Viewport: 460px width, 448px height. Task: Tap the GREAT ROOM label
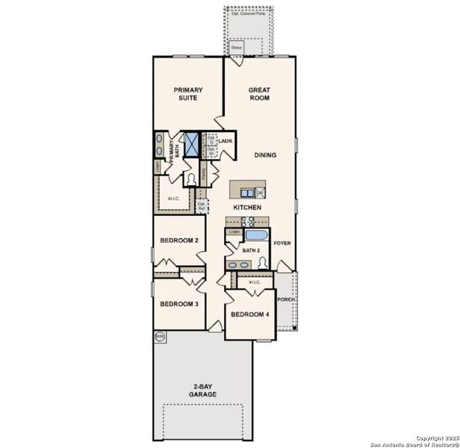[x=259, y=93]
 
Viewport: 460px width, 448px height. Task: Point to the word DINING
[x=265, y=155]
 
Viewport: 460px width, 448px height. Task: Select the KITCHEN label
[x=247, y=206]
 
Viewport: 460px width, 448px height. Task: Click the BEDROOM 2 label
[x=179, y=240]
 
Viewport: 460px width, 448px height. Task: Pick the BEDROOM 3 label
[x=179, y=304]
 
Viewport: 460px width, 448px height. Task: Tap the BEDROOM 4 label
[x=249, y=315]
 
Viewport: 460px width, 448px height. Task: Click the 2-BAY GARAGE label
[x=202, y=390]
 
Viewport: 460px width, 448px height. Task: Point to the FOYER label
[x=282, y=243]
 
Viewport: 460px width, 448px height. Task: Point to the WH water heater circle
[x=159, y=337]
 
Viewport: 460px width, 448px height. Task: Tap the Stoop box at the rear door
[x=237, y=48]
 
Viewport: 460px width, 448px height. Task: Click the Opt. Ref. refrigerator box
[x=202, y=205]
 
